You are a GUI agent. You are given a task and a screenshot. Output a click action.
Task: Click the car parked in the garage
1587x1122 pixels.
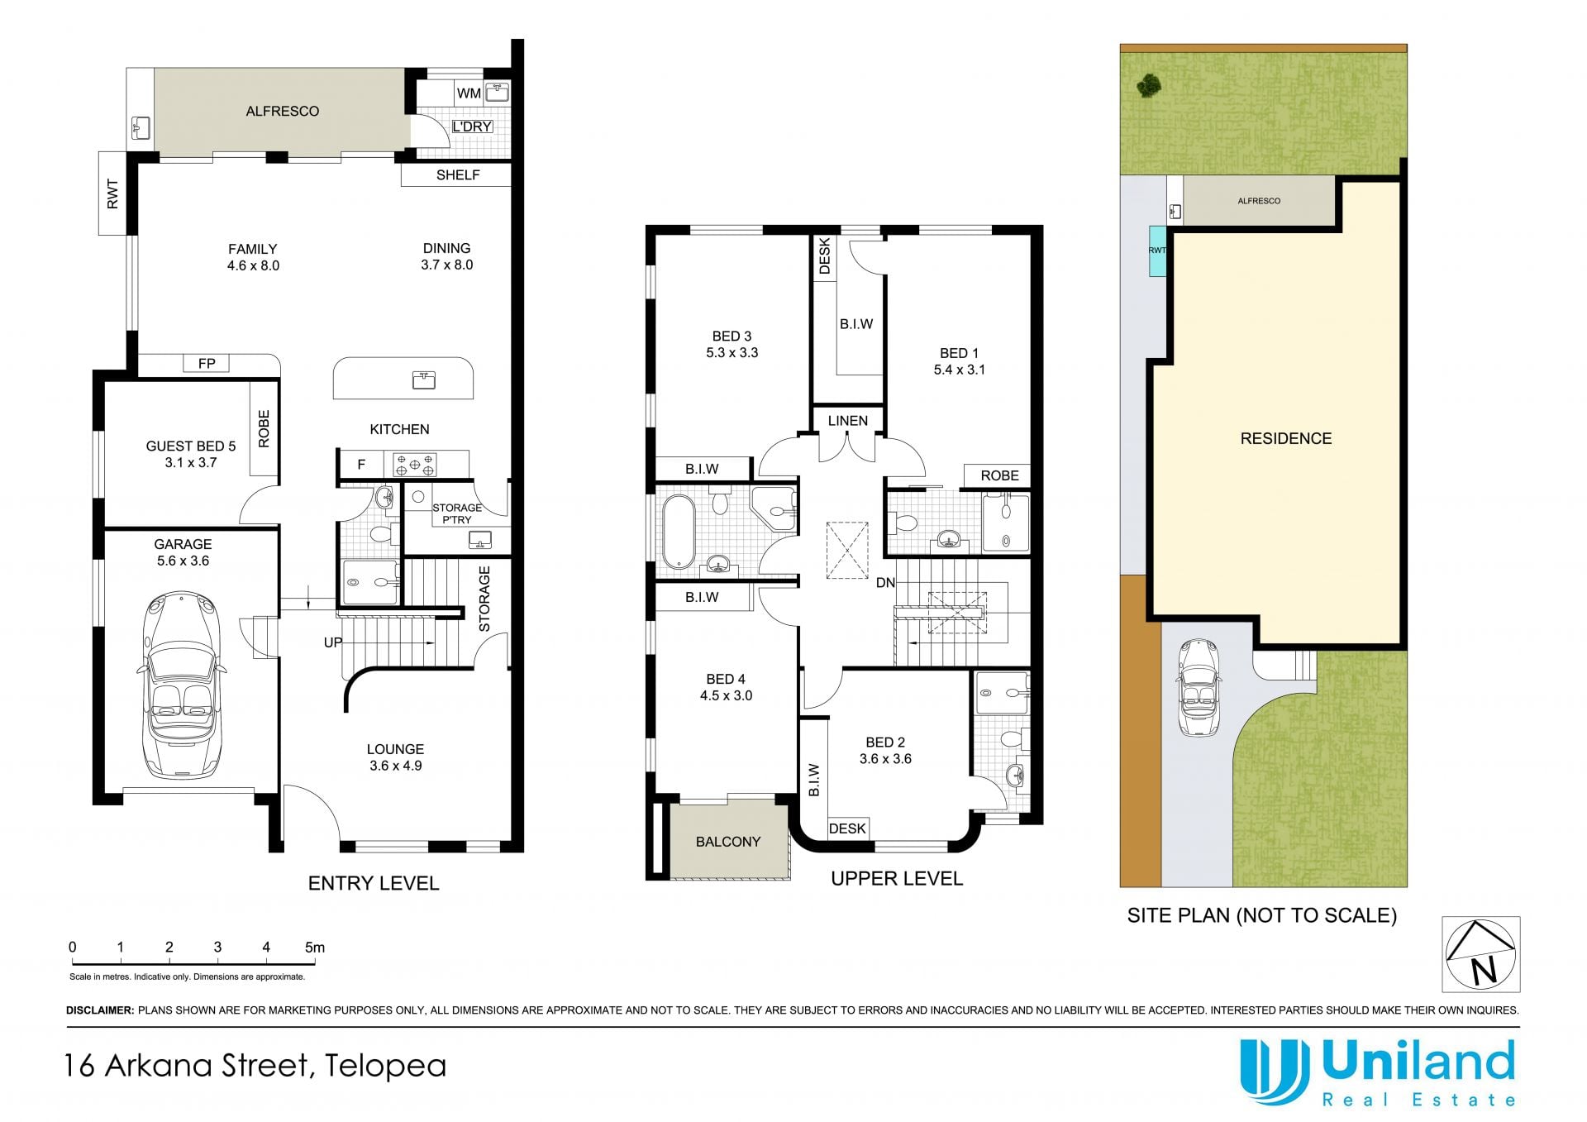[x=182, y=685]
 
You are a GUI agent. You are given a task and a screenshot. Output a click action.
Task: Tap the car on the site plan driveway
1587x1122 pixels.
[x=1198, y=688]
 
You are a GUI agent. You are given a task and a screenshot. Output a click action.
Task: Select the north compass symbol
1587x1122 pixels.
[x=1480, y=954]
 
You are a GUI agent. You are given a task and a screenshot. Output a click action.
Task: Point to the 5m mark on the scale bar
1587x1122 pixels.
[x=315, y=948]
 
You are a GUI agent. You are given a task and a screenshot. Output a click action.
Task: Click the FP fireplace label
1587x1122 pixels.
[x=207, y=363]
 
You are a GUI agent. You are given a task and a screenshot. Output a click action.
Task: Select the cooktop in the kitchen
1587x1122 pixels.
[x=415, y=464]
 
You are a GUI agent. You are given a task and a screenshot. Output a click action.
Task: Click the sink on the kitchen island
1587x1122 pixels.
[x=424, y=380]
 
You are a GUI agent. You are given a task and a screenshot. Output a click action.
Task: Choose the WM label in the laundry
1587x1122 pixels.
[x=469, y=93]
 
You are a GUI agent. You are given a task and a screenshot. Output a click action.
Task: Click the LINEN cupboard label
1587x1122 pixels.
[x=848, y=421]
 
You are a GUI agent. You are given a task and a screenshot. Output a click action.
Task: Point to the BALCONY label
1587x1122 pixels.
[x=728, y=842]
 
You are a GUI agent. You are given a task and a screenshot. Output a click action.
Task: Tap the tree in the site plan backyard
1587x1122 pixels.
[x=1147, y=84]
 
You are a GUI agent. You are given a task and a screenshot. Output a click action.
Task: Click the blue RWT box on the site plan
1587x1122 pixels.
[x=1157, y=251]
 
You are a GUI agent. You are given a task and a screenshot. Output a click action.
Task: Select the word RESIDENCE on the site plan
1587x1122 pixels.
[x=1286, y=439]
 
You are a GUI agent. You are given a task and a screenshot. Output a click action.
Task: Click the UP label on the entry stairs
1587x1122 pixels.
[x=333, y=642]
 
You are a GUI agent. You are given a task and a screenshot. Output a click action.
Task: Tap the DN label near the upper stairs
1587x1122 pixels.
[x=885, y=583]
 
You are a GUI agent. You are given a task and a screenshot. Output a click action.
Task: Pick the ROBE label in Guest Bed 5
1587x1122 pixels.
[x=264, y=429]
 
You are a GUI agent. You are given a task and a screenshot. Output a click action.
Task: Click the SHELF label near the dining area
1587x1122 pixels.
[x=458, y=175]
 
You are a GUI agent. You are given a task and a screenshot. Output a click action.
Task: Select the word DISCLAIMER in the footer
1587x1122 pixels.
[x=100, y=1010]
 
